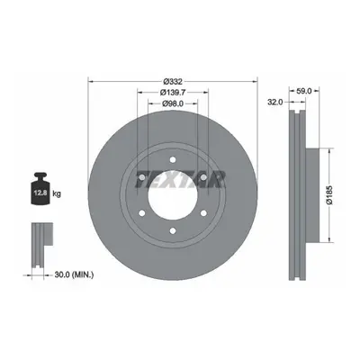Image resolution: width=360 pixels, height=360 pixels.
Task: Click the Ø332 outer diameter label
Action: [173, 81]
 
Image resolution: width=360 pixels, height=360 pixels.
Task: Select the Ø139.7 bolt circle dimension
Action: [173, 92]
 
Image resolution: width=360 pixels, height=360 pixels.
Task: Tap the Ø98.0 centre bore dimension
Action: [173, 103]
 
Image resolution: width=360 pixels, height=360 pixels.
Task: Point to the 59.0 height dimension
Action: [304, 91]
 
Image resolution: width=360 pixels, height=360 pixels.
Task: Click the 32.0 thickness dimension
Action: [275, 102]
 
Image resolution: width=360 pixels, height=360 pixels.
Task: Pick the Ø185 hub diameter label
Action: [329, 195]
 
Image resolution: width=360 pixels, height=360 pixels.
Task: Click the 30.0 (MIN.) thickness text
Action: [74, 274]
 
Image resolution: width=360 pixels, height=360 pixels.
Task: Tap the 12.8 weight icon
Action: [40, 189]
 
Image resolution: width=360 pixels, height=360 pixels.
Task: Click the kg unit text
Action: [57, 193]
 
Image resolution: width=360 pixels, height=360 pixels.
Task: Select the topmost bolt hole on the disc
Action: [173, 159]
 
